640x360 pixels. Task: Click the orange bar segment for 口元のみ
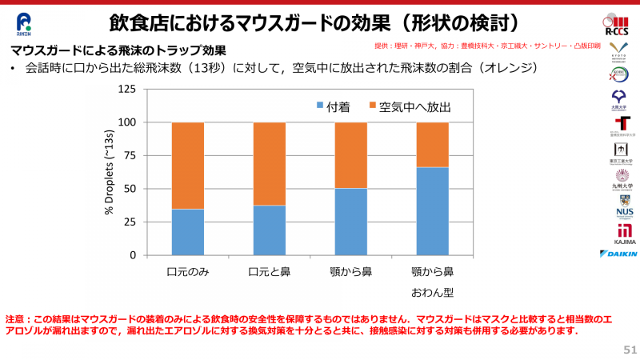click(188, 166)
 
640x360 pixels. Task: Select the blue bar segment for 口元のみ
click(188, 232)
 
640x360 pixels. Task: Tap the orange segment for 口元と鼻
click(270, 164)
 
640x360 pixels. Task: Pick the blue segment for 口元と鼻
click(270, 230)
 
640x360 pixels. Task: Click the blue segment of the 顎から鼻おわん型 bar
click(432, 211)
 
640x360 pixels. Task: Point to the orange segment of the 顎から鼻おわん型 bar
click(432, 145)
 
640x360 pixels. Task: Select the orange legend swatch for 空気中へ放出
click(373, 106)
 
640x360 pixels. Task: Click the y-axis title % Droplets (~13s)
click(109, 172)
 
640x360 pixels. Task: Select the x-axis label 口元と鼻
click(270, 272)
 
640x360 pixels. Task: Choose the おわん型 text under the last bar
click(432, 292)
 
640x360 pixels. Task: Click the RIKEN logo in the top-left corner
click(24, 24)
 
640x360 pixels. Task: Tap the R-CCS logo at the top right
click(618, 26)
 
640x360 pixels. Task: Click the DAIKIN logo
click(618, 254)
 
